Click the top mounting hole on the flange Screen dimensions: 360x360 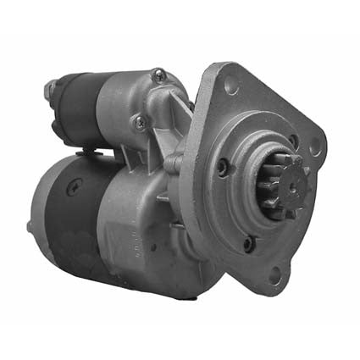[x=230, y=85]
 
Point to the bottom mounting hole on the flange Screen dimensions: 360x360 [x=274, y=272]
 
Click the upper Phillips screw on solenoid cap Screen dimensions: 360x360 [x=158, y=76]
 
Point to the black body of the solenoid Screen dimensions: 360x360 [x=76, y=106]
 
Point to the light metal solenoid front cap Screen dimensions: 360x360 [x=127, y=102]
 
